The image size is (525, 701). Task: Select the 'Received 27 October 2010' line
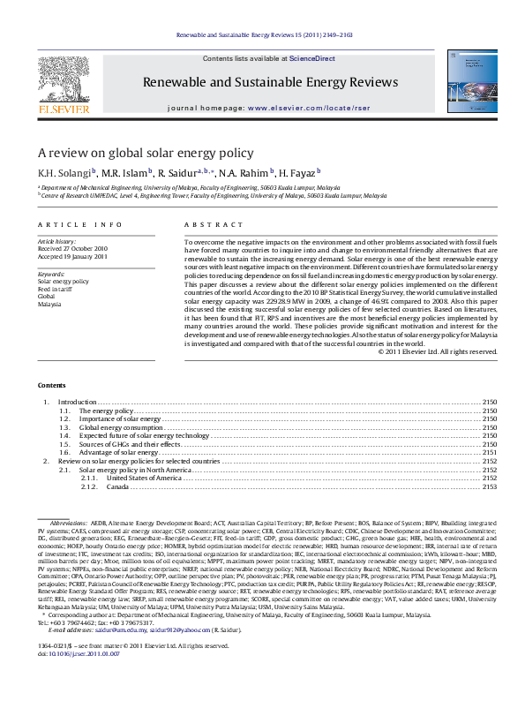(71, 248)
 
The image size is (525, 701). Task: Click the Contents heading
(50, 386)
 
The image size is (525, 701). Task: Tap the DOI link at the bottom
(71, 678)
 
